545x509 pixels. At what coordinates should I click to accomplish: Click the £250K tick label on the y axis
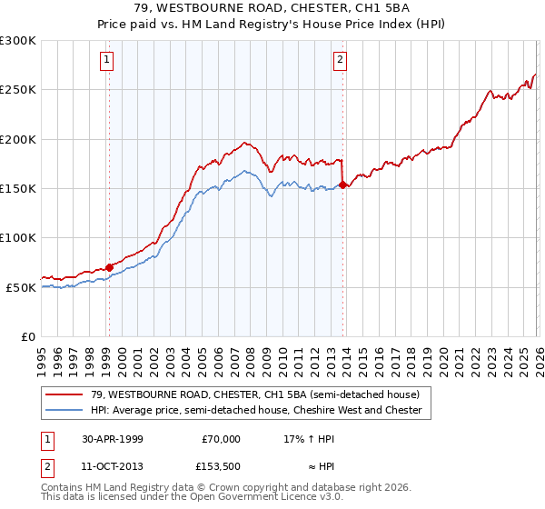[17, 90]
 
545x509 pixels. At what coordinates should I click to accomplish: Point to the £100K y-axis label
[17, 238]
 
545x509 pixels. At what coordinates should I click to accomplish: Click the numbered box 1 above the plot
[107, 61]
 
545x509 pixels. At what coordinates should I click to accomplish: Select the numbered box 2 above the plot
[340, 61]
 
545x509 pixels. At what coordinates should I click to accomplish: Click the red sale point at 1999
[109, 267]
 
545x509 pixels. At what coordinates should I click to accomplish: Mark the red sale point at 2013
[342, 185]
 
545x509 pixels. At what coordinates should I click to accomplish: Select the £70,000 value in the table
[221, 439]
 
